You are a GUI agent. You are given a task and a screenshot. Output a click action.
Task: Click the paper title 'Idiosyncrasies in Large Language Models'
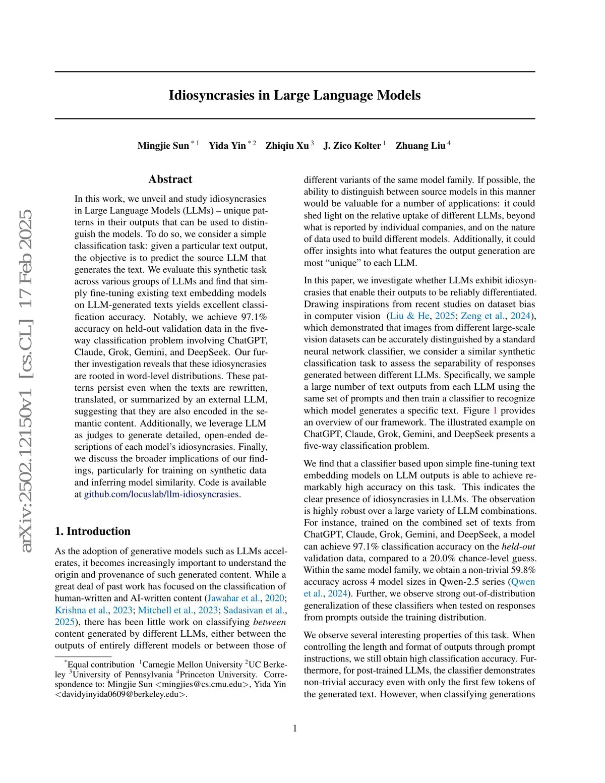click(x=294, y=95)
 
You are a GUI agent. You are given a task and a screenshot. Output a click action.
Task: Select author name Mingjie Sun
click(x=163, y=146)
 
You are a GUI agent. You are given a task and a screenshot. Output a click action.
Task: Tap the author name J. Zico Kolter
click(x=352, y=146)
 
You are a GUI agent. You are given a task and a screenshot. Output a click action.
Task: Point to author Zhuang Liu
click(x=420, y=146)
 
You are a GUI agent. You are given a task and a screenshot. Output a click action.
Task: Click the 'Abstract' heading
click(x=170, y=179)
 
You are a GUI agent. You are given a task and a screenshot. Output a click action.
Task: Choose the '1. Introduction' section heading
click(x=93, y=531)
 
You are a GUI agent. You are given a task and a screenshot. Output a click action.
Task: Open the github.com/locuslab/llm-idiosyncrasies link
click(x=161, y=494)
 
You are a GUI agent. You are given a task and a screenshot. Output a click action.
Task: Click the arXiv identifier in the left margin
click(x=25, y=381)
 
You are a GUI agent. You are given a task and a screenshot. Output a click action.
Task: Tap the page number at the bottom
click(x=295, y=728)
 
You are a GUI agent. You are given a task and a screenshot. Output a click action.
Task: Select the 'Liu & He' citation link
click(x=410, y=316)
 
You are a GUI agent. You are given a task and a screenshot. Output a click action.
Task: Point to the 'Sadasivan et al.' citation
click(x=254, y=610)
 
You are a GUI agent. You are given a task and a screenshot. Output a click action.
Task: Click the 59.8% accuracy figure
click(x=522, y=570)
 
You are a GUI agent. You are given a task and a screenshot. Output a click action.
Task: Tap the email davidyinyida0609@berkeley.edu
click(x=118, y=694)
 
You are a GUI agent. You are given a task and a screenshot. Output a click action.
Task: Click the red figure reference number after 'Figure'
click(x=495, y=410)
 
